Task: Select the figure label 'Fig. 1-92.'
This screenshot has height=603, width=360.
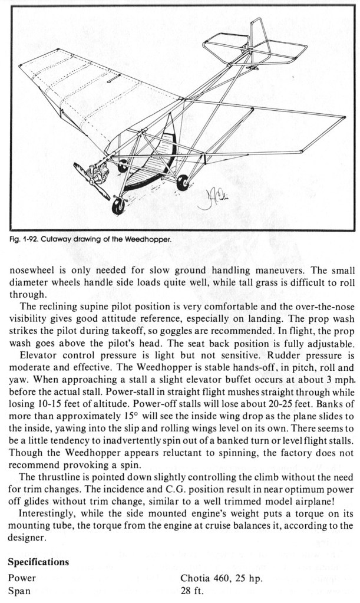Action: click(x=27, y=240)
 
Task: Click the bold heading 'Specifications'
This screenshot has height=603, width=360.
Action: click(x=39, y=562)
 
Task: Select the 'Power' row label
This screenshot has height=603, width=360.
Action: click(x=22, y=578)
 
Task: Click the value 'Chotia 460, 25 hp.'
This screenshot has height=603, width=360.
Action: click(x=222, y=578)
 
